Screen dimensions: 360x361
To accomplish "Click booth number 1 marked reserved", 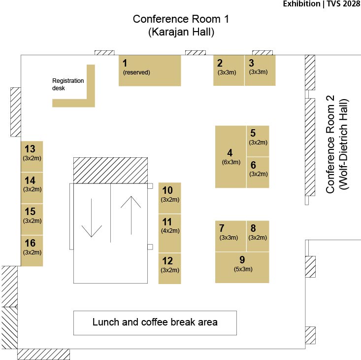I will point(150,71).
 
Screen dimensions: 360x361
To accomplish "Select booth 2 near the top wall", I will point(229,70).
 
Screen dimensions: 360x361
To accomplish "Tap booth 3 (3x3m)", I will point(260,70).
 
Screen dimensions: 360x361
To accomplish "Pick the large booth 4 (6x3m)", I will point(230,157).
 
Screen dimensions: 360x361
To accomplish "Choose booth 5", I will point(258,141).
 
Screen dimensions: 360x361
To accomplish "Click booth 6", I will point(258,172).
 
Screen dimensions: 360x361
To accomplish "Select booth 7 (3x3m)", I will point(230,236).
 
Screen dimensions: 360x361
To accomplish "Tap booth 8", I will point(258,236).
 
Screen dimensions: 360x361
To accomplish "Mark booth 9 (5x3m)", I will point(242,267).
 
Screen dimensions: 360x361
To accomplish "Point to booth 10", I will point(169,198).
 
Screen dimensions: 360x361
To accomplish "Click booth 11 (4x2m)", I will point(169,233).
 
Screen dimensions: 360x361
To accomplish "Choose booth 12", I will point(169,268).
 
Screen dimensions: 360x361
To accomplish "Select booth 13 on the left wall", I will point(32,156).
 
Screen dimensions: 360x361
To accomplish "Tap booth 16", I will point(32,251).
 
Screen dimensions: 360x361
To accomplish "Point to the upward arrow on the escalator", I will point(131,215).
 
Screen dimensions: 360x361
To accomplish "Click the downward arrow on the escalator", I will point(92,217).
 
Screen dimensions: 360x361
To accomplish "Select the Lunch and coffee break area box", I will point(155,323).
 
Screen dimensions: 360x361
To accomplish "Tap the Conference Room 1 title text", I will point(181,25).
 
